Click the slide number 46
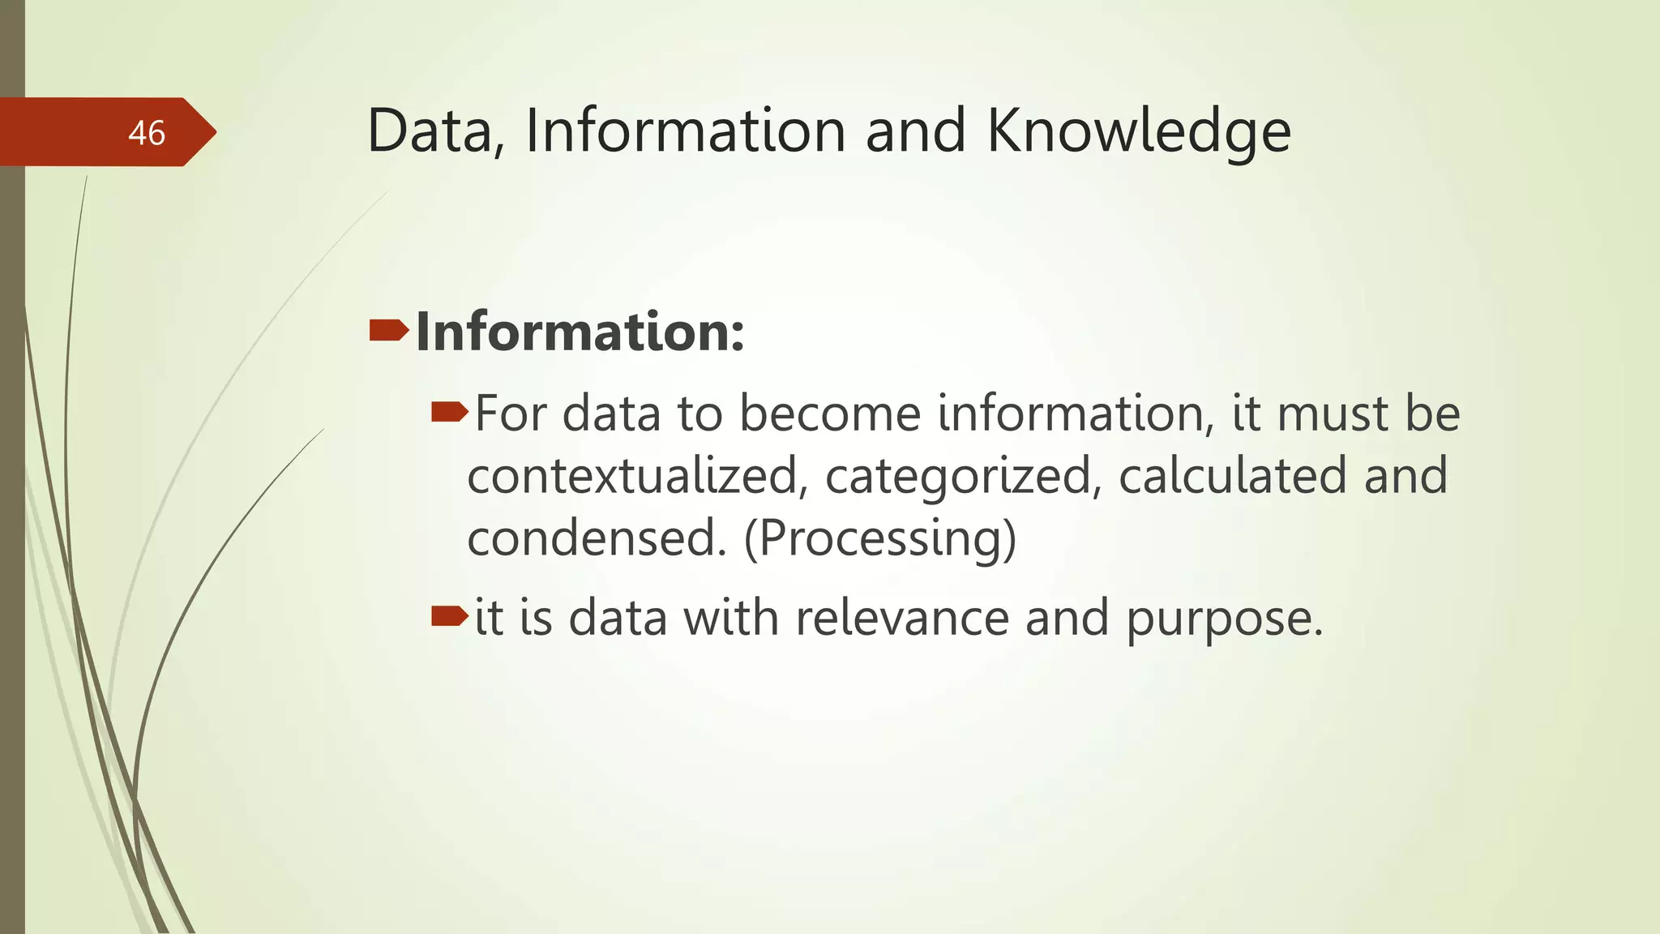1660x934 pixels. (147, 133)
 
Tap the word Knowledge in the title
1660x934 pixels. (1138, 131)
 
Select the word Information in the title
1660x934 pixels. (686, 131)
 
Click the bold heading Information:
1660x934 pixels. (580, 332)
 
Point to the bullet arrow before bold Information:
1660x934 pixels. (388, 330)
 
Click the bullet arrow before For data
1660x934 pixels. (449, 413)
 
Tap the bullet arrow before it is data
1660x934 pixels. (449, 617)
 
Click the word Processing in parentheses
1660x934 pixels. (879, 539)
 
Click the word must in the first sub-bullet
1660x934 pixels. (1333, 414)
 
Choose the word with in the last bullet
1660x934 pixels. (731, 618)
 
